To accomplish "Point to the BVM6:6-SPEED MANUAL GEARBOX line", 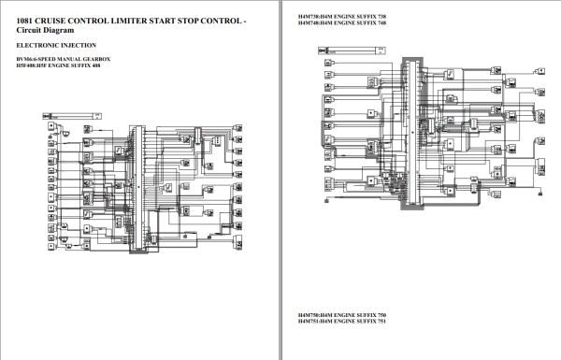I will click(x=63, y=59).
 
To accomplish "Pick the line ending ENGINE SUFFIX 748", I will click(x=341, y=24).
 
